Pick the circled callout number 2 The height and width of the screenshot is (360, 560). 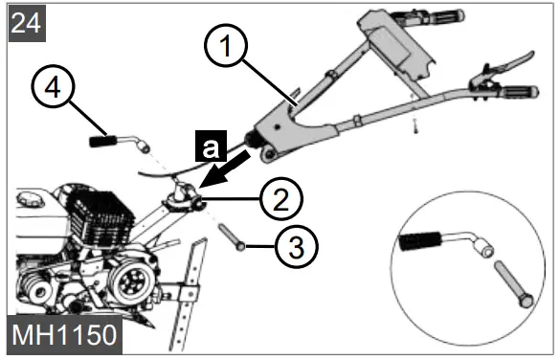click(x=281, y=200)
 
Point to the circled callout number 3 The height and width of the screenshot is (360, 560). click(x=296, y=247)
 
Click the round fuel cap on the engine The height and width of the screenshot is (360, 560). click(x=34, y=200)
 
